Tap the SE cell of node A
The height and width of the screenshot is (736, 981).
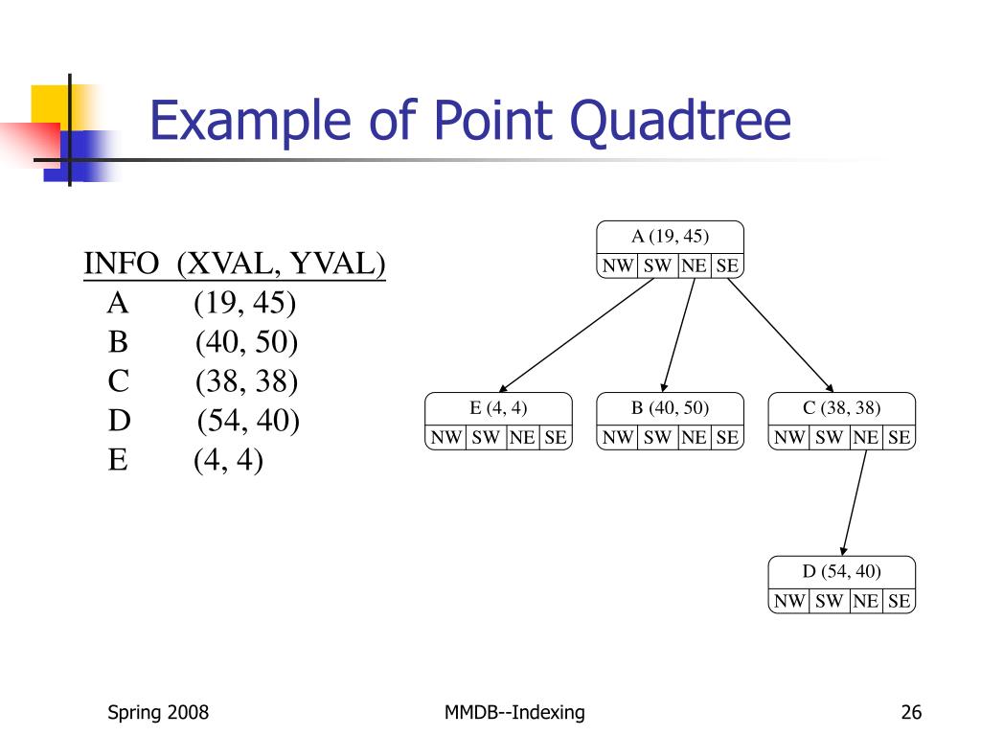[x=727, y=266]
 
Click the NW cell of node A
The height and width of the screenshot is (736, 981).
[x=618, y=266]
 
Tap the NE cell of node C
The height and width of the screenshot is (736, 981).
[x=866, y=438]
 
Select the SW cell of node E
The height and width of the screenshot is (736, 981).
[x=486, y=438]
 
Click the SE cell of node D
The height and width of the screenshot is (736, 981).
[x=898, y=602]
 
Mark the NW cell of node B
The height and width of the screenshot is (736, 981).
[x=618, y=438]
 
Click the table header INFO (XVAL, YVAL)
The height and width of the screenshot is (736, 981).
[x=235, y=264]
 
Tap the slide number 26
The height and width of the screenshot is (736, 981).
[x=911, y=712]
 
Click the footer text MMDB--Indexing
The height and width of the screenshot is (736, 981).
[x=515, y=712]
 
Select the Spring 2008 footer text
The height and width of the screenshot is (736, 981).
[x=158, y=712]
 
